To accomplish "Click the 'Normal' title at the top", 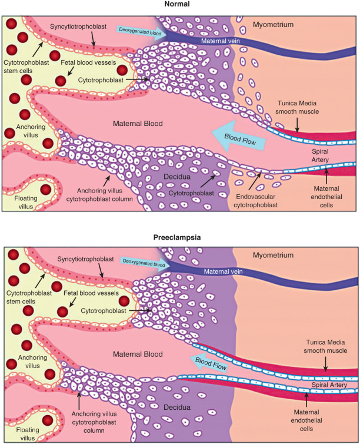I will click(180, 5).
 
